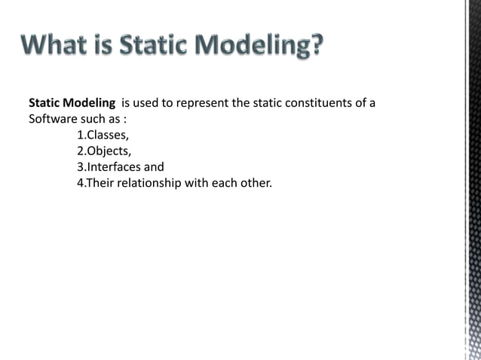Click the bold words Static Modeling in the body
coord(72,103)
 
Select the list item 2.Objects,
coord(104,151)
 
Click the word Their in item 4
coord(97,183)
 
